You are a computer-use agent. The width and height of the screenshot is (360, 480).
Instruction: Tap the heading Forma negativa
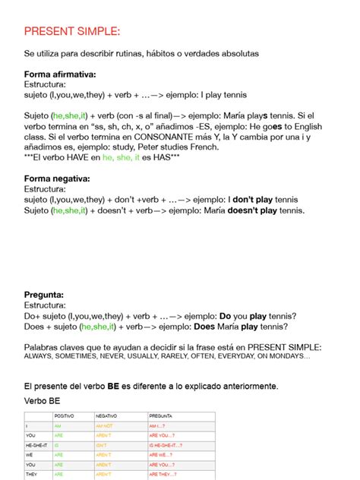(x=58, y=178)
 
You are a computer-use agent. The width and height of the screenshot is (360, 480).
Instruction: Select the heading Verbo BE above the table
(x=43, y=400)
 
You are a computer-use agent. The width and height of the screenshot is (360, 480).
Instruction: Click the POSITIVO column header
(x=64, y=416)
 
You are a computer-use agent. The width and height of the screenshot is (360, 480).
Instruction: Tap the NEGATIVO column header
(x=106, y=416)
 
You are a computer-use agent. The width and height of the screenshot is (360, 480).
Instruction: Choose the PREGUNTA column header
(x=161, y=416)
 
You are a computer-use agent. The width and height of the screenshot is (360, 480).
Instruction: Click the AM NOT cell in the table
(x=105, y=426)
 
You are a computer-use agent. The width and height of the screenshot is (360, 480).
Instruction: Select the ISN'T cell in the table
(x=103, y=445)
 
